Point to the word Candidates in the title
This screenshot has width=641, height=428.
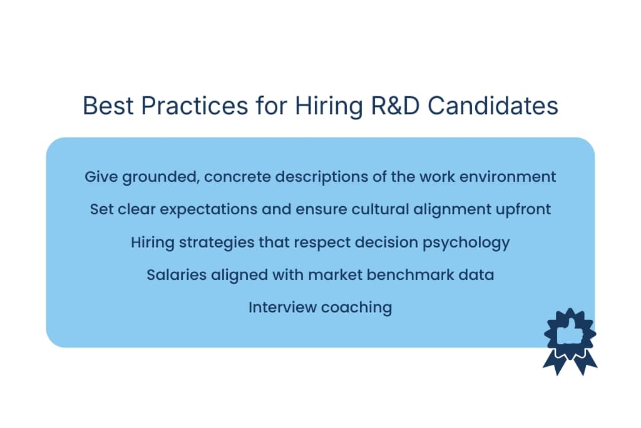pyautogui.click(x=493, y=106)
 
